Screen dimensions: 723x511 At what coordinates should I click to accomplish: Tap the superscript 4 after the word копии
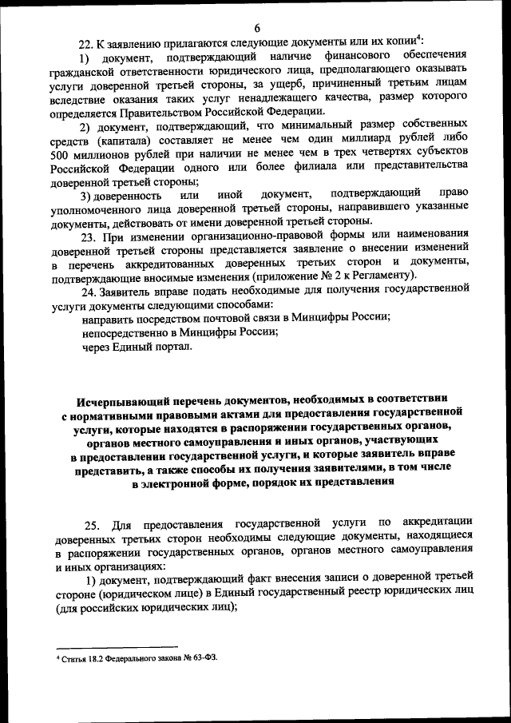421,37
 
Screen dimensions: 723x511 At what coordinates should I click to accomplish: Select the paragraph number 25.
92,524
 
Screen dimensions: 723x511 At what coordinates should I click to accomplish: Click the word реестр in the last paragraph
345,594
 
